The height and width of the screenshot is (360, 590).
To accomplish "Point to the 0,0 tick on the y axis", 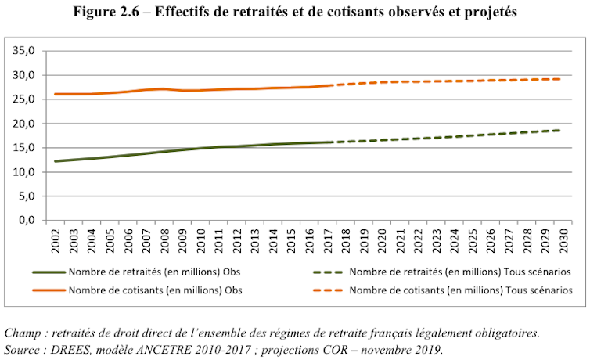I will point(28,221).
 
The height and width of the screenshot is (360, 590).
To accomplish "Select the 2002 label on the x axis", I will point(54,239).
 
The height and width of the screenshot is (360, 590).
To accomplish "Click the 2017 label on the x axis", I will point(326,239).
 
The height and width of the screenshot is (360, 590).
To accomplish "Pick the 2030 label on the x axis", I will point(563,239).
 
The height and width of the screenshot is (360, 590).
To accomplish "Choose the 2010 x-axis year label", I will point(200,239).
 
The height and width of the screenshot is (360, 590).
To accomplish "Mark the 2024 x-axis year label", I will point(454,239).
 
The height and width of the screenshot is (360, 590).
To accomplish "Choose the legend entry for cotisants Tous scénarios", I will point(459,290).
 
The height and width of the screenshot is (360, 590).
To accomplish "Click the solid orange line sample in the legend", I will point(49,290).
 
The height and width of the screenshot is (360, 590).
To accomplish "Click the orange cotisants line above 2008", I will point(163,88).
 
